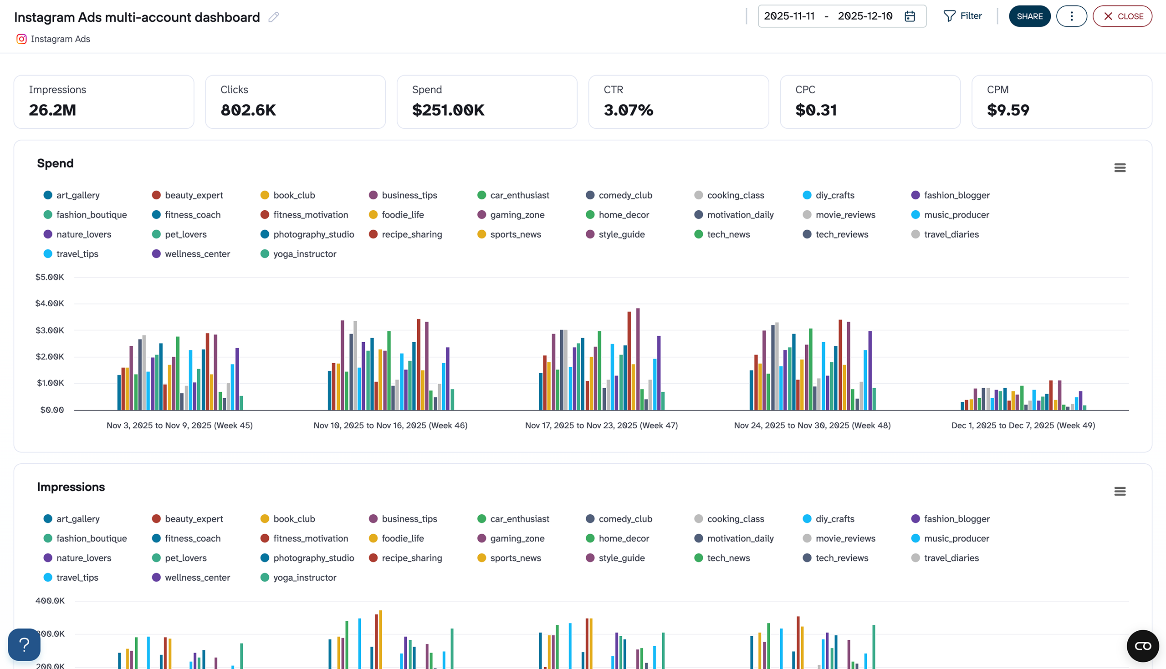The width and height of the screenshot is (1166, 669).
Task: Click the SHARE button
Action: coord(1029,16)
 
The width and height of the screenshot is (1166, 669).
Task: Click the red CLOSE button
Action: coord(1122,16)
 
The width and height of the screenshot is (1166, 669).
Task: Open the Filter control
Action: coord(962,16)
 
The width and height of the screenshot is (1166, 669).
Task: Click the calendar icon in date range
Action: coord(910,16)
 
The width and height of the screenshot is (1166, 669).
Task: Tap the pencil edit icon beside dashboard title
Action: coord(274,17)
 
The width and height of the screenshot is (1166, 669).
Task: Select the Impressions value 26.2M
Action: coord(52,110)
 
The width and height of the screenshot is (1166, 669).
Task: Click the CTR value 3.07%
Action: coord(628,110)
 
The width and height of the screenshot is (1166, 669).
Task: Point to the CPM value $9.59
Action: coord(1008,110)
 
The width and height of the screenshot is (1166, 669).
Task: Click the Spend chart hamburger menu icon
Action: coord(1120,168)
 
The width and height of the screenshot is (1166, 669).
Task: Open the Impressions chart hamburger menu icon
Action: coord(1120,491)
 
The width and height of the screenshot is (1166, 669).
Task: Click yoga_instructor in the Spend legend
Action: coord(304,254)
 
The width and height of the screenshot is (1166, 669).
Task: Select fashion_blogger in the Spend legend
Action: coord(956,195)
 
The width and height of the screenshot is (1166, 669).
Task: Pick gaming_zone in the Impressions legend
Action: coord(517,538)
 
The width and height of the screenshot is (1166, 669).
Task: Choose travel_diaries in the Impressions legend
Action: coord(951,558)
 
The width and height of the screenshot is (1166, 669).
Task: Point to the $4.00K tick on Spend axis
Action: coord(50,303)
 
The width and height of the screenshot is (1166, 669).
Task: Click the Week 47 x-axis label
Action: coord(601,426)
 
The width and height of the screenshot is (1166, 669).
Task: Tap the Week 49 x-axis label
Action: coord(1023,426)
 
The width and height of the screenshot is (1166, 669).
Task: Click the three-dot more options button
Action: coord(1071,16)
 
